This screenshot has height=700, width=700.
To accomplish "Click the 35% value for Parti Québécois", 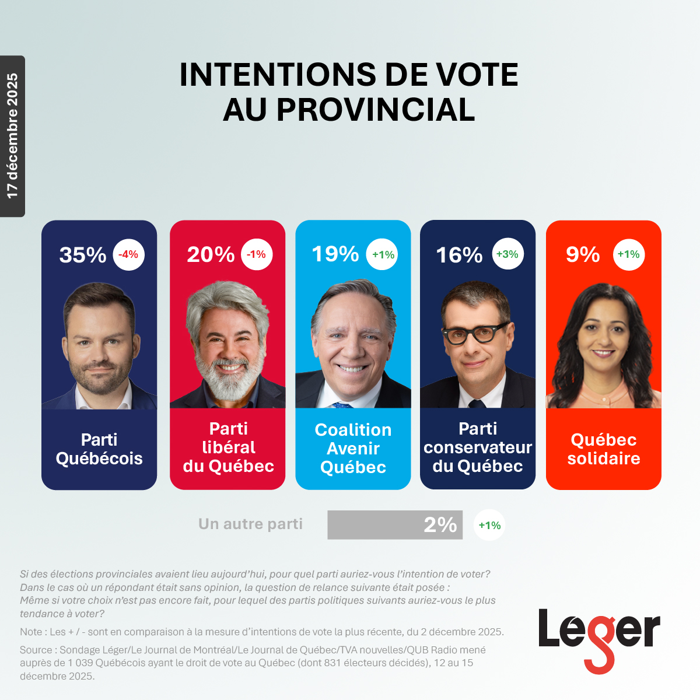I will click(x=83, y=255).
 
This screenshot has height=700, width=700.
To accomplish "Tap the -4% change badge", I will click(x=128, y=254).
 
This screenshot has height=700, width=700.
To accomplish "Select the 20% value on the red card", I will click(x=211, y=254).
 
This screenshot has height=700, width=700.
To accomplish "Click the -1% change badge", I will click(x=257, y=254).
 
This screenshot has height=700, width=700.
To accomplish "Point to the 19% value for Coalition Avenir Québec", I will click(x=335, y=254).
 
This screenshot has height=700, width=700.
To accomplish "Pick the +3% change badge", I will click(x=508, y=254).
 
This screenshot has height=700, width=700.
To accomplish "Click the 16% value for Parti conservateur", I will click(x=460, y=255).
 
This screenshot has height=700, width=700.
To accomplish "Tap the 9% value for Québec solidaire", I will click(x=583, y=254).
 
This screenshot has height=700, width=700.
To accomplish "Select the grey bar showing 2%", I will click(x=395, y=525).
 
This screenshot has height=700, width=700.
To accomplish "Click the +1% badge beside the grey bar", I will click(x=489, y=525).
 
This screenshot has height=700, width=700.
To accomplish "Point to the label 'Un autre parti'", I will click(x=250, y=524).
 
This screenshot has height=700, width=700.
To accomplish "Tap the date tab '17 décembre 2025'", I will click(x=12, y=136).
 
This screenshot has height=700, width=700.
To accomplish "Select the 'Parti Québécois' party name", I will click(x=99, y=449).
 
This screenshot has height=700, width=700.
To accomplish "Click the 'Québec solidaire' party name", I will click(x=604, y=449).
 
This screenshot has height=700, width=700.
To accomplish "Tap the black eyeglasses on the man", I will click(x=475, y=333).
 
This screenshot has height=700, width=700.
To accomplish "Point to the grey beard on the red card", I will click(x=229, y=379).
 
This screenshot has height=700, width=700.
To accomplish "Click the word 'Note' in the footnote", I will click(x=31, y=632).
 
